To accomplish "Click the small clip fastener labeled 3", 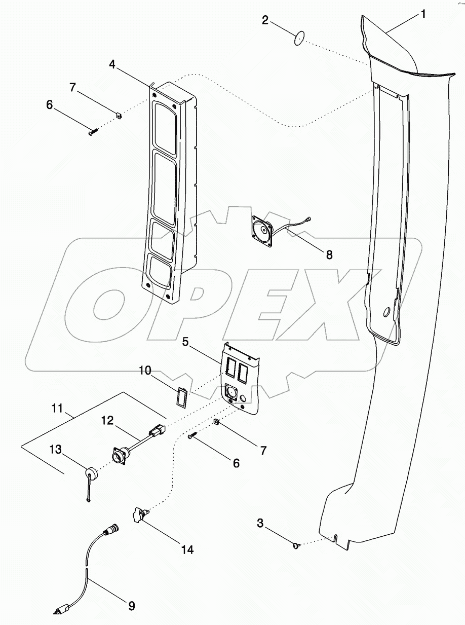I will pos(296,545).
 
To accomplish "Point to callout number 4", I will pos(112,64).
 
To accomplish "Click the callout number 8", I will pos(329,255).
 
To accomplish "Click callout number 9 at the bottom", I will pos(132,606).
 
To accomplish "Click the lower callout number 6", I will pos(236,462).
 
